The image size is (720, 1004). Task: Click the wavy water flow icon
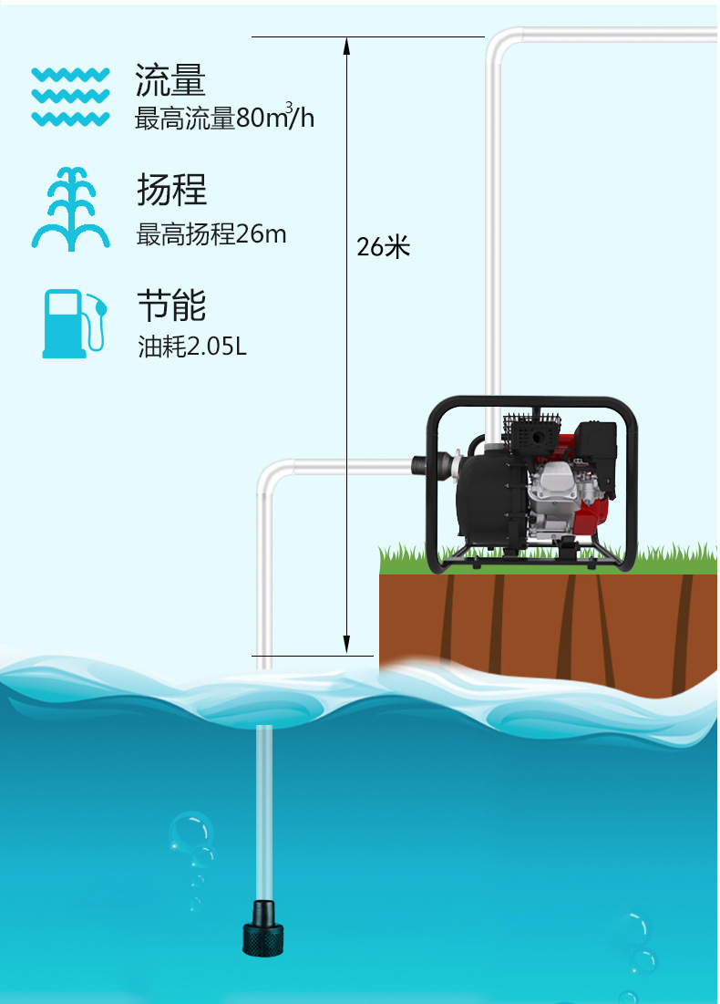pos(70,96)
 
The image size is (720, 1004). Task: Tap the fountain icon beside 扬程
pos(70,209)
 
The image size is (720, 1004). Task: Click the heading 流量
pos(170,81)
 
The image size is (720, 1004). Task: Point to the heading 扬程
pos(171,190)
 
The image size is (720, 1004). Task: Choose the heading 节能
pos(171,305)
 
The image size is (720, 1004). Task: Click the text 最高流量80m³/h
pos(224,119)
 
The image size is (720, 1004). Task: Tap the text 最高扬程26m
pos(211,234)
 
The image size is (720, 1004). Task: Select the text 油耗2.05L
pos(192,347)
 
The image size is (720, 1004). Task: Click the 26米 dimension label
pos(383,246)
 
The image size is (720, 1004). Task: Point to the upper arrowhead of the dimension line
pos(346,45)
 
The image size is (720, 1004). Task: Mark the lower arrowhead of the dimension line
pos(346,646)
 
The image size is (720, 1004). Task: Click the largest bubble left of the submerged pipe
pos(189,831)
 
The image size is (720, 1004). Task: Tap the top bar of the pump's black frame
pos(533,402)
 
